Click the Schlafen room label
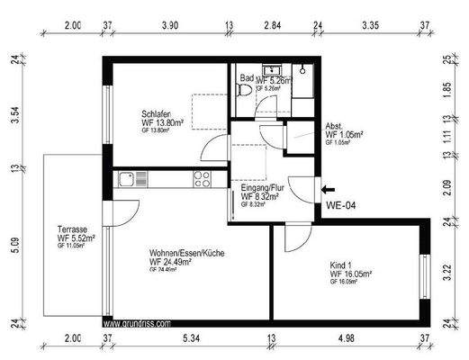click(158, 113)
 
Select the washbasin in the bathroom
click(268, 70)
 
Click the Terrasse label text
click(72, 230)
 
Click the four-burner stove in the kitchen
click(201, 179)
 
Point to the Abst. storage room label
click(334, 125)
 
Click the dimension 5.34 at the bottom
click(190, 338)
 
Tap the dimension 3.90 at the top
click(168, 25)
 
